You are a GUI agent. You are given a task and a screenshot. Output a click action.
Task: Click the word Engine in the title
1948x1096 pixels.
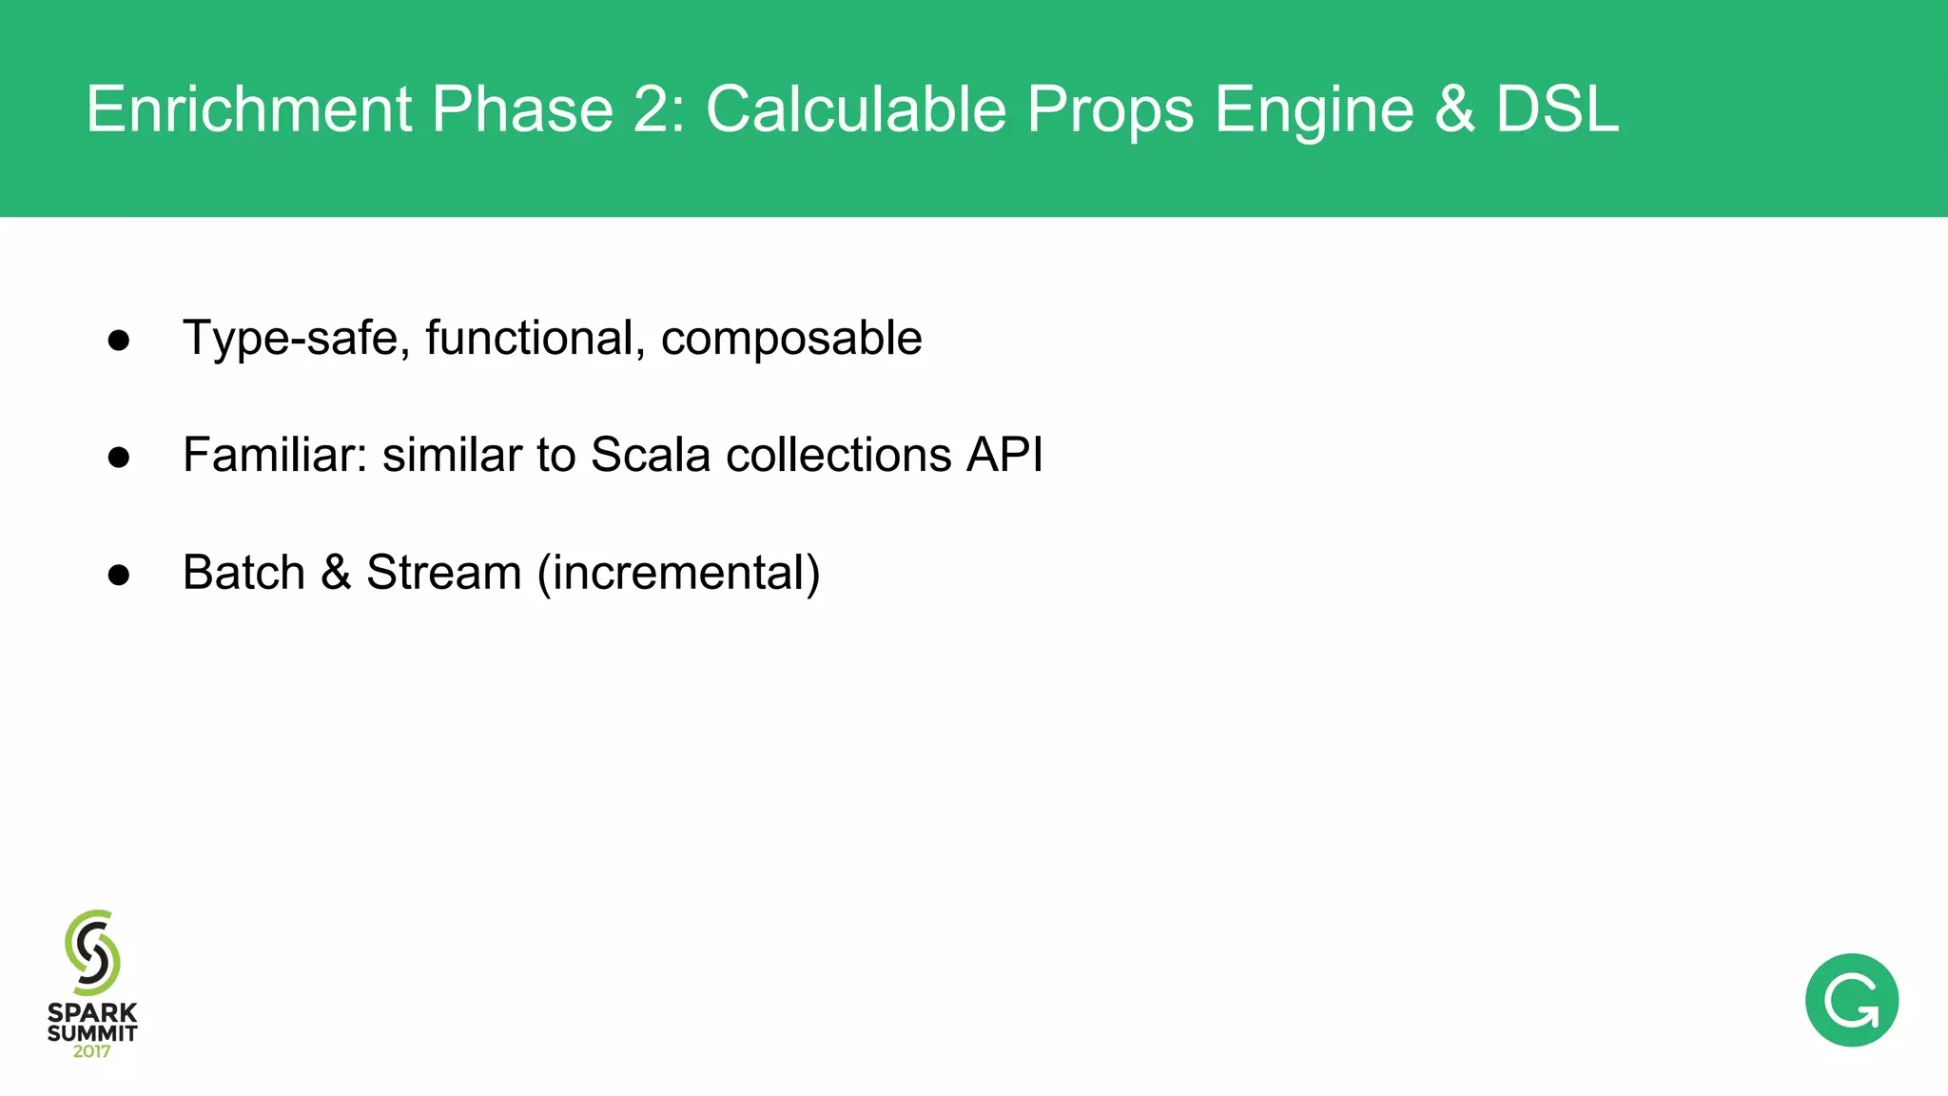(1315, 110)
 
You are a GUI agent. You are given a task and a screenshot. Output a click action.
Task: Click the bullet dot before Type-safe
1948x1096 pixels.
(119, 341)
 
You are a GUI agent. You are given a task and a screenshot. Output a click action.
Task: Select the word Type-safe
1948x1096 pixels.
(291, 339)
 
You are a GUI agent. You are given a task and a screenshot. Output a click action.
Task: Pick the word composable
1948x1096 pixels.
(791, 339)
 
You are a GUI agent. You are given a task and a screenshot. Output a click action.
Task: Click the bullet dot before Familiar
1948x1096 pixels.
(119, 458)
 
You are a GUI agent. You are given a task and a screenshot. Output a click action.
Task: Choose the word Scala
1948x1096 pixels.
(651, 455)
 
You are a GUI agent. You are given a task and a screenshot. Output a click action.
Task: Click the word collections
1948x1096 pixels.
(838, 455)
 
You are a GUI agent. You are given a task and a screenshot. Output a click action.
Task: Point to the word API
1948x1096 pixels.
(1005, 455)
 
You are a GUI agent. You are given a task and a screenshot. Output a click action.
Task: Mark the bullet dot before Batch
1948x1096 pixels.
(119, 575)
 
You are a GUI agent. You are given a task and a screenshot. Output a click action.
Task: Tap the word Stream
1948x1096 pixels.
(444, 573)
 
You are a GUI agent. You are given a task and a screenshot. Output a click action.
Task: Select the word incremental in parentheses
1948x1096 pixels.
(679, 573)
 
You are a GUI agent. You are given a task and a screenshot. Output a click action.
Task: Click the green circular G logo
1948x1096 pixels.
(1851, 1000)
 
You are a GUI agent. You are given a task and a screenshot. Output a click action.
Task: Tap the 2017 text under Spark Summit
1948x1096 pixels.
(92, 1051)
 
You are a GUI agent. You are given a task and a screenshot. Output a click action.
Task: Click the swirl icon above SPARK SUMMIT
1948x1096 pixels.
(92, 952)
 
